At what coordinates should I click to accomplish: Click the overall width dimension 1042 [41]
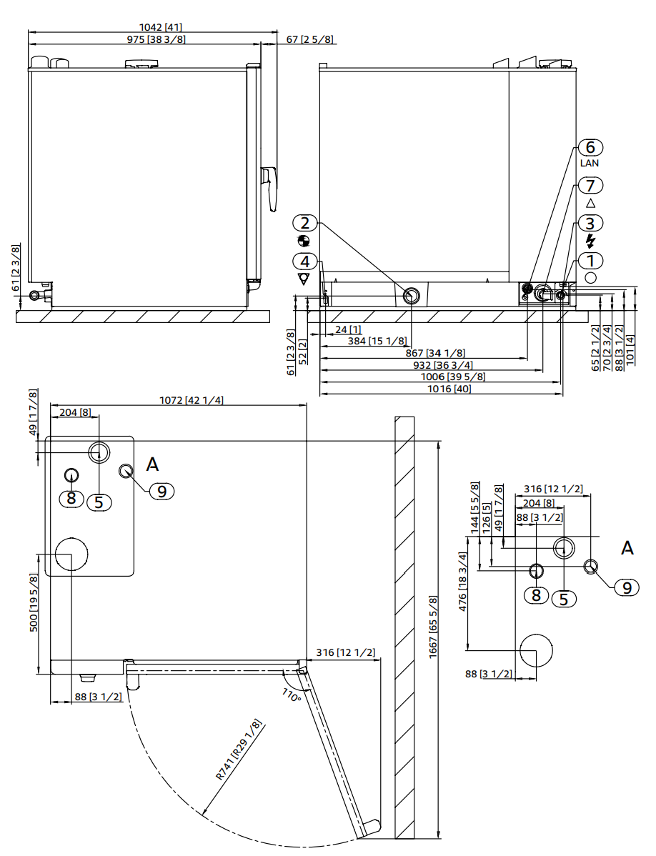[152, 27]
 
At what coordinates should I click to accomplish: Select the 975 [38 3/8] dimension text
[156, 39]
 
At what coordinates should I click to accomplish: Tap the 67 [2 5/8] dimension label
[309, 39]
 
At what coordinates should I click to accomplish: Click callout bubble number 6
[590, 147]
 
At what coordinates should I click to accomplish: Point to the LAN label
[590, 163]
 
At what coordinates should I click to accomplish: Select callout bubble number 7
[590, 185]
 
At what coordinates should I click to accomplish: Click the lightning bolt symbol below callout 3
[590, 241]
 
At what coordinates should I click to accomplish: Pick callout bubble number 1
[590, 260]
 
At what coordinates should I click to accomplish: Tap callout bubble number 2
[304, 223]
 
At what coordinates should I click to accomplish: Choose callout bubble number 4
[304, 261]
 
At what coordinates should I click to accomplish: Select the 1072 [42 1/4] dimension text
[191, 400]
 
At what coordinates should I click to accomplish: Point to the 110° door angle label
[291, 694]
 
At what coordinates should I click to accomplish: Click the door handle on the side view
[270, 187]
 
